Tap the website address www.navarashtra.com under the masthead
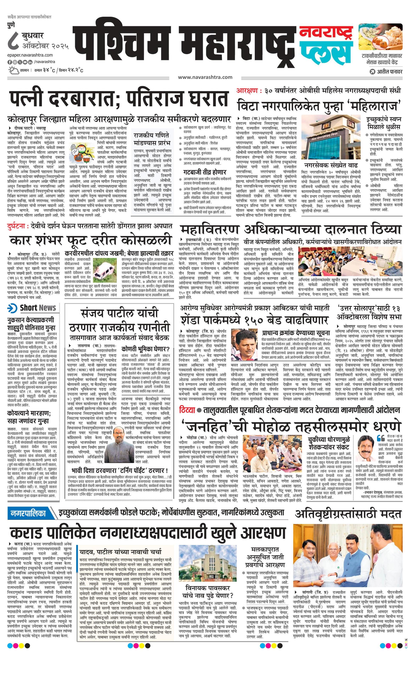[x=205, y=77]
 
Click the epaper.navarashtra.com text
[x=30, y=55]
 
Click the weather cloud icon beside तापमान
[x=13, y=70]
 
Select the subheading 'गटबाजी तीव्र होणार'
[x=205, y=172]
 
